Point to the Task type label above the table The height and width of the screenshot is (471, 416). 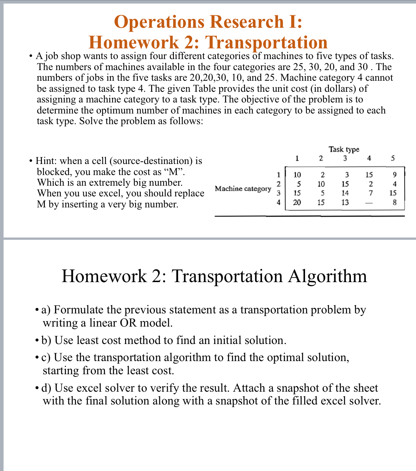[x=344, y=149]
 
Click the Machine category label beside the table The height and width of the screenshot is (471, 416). [x=243, y=189]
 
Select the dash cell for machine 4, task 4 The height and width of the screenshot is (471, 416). [x=370, y=203]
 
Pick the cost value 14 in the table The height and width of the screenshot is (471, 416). [x=345, y=193]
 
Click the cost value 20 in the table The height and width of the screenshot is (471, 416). [x=297, y=202]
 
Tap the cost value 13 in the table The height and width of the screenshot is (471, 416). [x=345, y=202]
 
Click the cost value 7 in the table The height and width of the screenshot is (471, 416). [x=370, y=193]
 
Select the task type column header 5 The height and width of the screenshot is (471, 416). [x=393, y=158]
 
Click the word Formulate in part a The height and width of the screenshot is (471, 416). [x=79, y=309]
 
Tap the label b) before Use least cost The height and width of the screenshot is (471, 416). [x=47, y=340]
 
